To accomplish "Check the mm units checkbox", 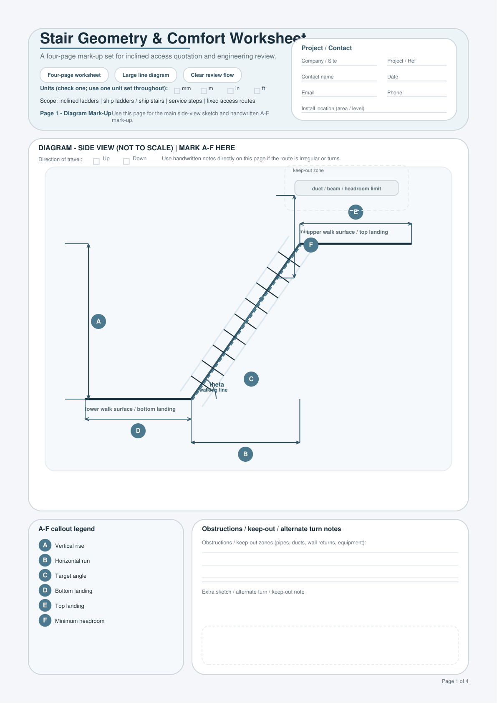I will click(x=177, y=91).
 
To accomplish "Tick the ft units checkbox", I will click(x=257, y=91).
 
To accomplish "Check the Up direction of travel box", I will click(x=96, y=161).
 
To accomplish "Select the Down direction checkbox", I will click(x=126, y=161).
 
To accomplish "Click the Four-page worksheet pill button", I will click(x=74, y=75).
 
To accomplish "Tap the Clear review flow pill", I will click(x=212, y=75).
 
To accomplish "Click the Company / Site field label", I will click(x=319, y=61).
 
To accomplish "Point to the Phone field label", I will click(x=395, y=93).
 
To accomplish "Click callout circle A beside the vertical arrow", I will click(x=98, y=321).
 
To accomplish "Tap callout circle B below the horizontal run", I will click(x=245, y=454).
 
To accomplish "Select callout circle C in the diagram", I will click(x=251, y=379).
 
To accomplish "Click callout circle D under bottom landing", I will click(x=138, y=431).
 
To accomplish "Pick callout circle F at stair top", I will click(x=311, y=245).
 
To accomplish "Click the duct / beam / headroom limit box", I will click(x=346, y=188).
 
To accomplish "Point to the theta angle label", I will click(x=217, y=384).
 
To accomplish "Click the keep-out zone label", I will click(x=308, y=170).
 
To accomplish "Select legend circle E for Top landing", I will click(x=45, y=605).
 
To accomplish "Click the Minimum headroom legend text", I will click(x=80, y=621).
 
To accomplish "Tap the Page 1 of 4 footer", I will click(x=455, y=681).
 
